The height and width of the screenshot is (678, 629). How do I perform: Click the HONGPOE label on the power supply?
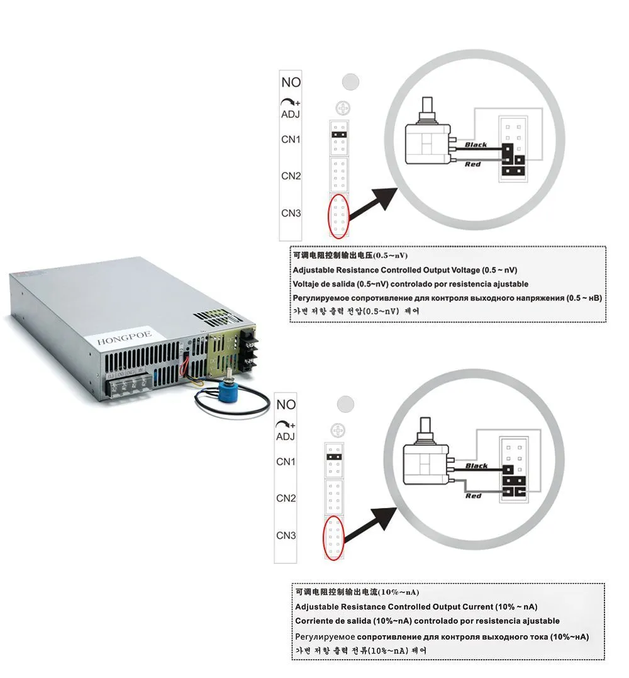(125, 341)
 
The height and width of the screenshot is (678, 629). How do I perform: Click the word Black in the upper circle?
(476, 145)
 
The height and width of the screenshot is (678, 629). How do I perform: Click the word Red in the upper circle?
(473, 164)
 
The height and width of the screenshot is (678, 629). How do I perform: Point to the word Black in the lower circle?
(476, 466)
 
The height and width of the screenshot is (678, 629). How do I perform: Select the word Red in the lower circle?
(474, 496)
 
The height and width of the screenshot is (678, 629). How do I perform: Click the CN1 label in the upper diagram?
(291, 139)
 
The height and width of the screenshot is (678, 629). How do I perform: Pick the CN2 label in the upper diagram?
(291, 176)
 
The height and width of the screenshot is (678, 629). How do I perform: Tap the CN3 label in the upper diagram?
(291, 213)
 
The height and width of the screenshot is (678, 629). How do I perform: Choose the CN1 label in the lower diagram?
(286, 461)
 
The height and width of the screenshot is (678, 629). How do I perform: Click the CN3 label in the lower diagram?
(286, 536)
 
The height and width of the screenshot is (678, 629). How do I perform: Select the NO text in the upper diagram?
(291, 82)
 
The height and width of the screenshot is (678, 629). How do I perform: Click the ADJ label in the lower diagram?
(286, 436)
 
